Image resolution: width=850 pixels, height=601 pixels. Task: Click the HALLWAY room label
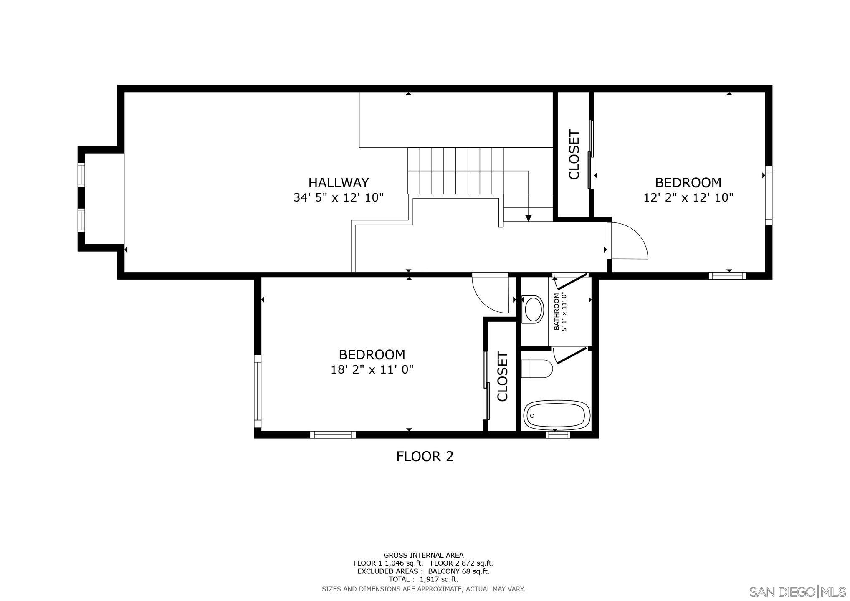tap(339, 183)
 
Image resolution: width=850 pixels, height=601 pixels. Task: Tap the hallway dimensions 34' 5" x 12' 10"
tap(339, 197)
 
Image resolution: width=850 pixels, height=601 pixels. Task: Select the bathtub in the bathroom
tap(557, 415)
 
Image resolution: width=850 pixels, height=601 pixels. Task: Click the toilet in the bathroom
tap(537, 369)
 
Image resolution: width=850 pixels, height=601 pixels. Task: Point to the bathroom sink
tap(533, 309)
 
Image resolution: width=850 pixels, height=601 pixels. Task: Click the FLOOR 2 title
tap(425, 457)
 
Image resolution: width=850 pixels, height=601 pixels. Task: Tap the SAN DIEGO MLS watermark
tap(797, 592)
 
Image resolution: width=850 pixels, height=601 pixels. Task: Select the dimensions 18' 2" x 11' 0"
tap(372, 370)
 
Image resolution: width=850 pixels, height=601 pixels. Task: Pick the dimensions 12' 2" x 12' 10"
tap(688, 197)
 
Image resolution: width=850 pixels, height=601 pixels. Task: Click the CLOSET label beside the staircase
tap(574, 155)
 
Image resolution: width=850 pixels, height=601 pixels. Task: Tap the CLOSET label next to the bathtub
tap(502, 377)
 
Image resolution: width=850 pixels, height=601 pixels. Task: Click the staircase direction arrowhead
tap(529, 217)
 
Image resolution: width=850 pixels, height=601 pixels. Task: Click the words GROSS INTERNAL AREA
tap(423, 555)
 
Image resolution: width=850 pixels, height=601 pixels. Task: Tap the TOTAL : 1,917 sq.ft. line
tap(423, 579)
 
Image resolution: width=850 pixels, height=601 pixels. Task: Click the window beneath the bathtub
tap(558, 434)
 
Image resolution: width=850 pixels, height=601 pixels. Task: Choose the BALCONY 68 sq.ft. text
tap(458, 571)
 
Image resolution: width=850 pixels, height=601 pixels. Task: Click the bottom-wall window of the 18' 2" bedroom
tap(333, 434)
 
